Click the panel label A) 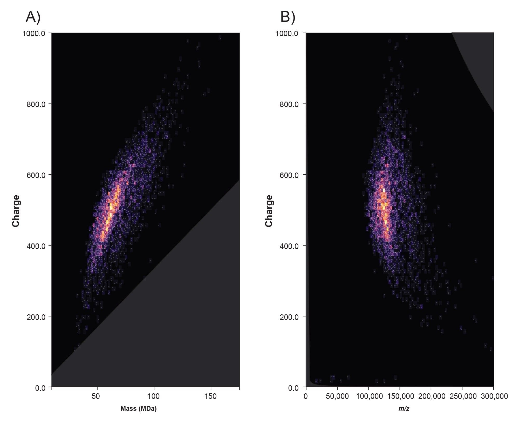pos(33,18)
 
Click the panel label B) pos(288,18)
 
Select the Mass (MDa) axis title pos(139,409)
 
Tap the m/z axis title pos(404,409)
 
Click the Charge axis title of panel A pos(16,211)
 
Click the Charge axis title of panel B pos(269,211)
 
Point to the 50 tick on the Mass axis pos(96,396)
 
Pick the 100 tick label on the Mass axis pos(154,396)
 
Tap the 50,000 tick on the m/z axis pos(337,396)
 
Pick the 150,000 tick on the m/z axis pos(400,396)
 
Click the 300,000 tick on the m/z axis pos(493,396)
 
